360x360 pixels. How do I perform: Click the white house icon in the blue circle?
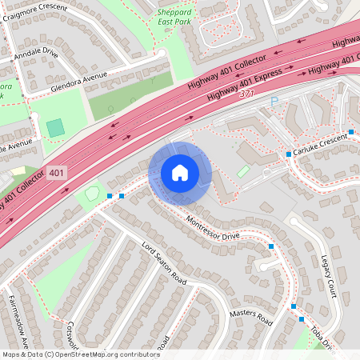(179, 173)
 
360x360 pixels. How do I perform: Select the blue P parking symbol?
(274, 102)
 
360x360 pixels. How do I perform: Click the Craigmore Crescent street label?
(56, 8)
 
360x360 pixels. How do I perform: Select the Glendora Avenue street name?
(78, 82)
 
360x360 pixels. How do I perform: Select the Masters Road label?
(250, 318)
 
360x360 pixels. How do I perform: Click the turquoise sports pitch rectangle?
(55, 128)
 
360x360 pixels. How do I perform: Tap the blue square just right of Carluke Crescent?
(351, 131)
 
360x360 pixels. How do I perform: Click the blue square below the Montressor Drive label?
(271, 246)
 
